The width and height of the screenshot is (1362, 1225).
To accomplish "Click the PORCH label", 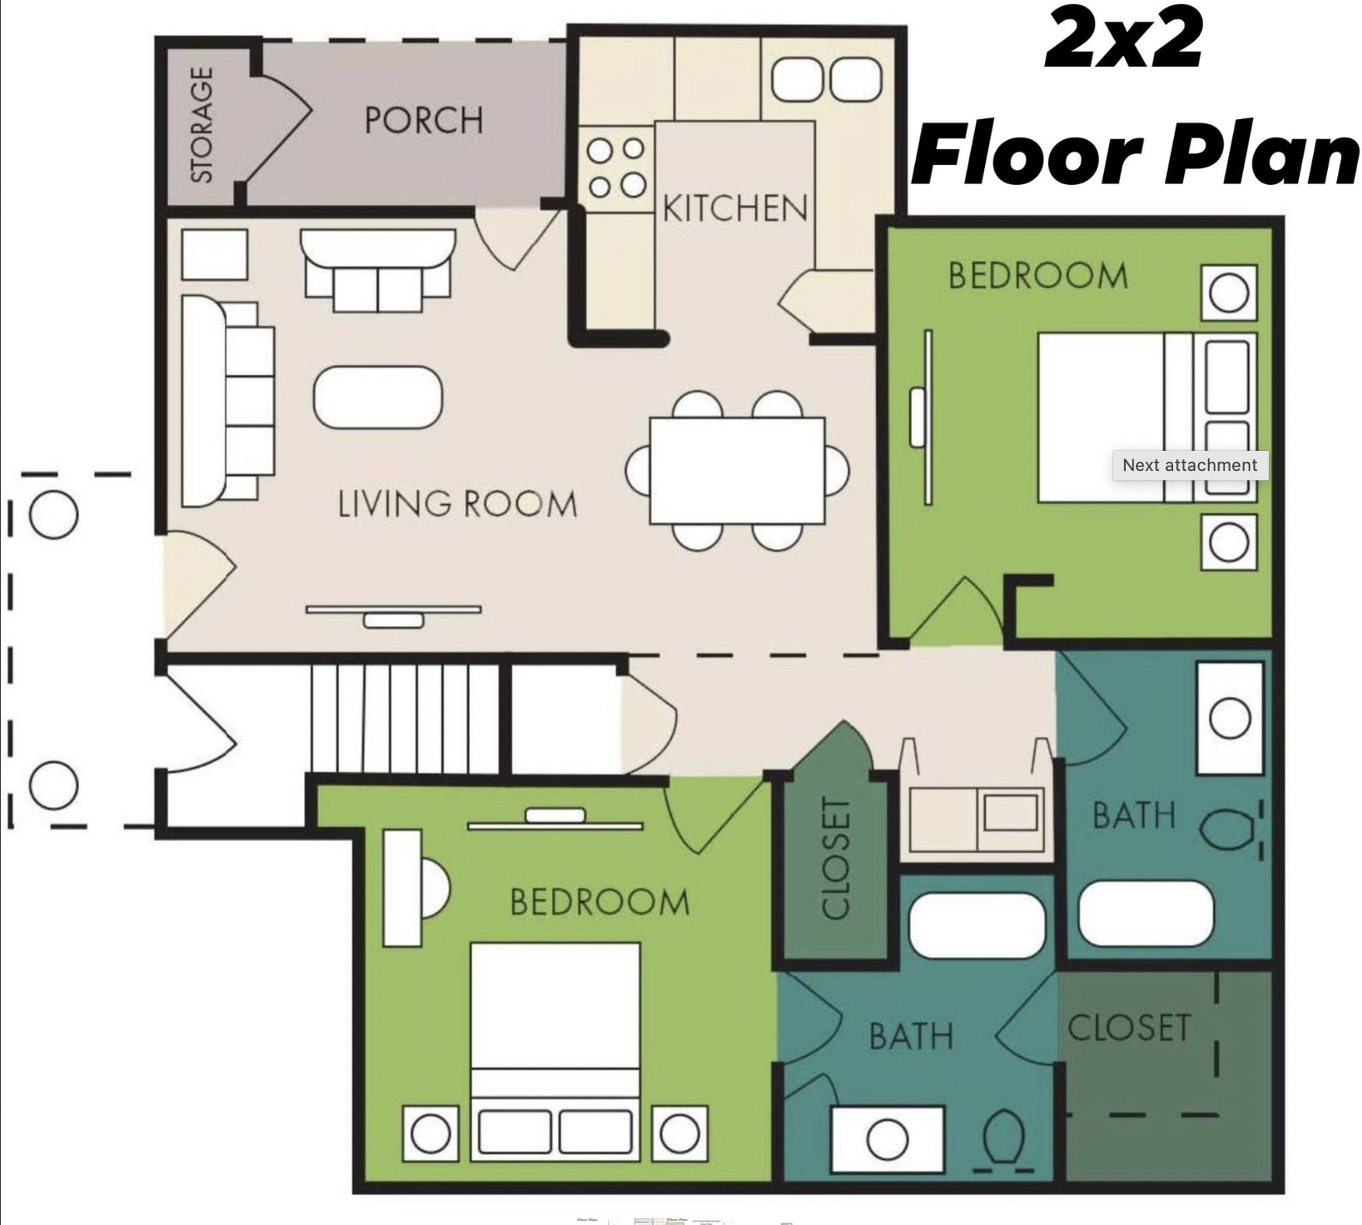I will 424,120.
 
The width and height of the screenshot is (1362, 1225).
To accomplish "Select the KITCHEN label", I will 735,208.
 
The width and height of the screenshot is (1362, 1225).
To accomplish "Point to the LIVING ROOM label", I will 457,504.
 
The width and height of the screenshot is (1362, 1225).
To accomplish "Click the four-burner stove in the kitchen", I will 616,167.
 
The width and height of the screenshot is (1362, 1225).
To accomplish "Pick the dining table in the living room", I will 737,470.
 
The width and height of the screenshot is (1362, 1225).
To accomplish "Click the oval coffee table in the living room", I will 378,397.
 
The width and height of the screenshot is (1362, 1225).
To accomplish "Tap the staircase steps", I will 404,719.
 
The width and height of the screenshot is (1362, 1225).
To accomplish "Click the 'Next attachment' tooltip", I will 1189,465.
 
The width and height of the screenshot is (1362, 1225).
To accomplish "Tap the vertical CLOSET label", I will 836,857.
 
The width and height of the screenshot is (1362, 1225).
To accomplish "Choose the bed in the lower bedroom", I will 555,1049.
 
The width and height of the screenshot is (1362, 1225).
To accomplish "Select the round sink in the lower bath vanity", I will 887,1139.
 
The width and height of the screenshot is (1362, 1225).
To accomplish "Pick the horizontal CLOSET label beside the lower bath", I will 1129,1028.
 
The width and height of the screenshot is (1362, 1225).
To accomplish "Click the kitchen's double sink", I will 826,80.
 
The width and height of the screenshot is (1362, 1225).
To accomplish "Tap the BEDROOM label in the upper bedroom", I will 1038,276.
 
